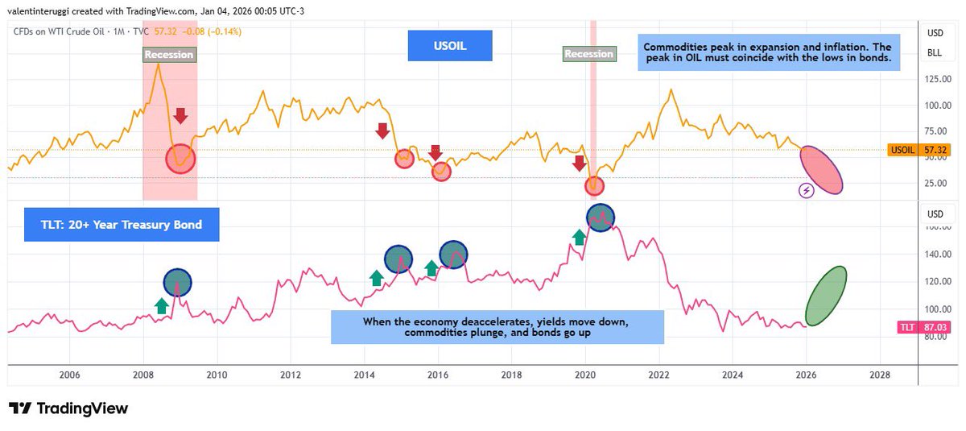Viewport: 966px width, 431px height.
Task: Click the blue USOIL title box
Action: click(449, 46)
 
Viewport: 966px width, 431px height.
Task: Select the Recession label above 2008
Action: click(169, 55)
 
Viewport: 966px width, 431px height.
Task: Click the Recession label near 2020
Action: click(588, 54)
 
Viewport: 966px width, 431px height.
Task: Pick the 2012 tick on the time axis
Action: click(291, 375)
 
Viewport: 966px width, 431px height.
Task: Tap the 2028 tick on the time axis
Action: click(880, 375)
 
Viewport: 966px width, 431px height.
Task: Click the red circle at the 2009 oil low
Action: click(181, 159)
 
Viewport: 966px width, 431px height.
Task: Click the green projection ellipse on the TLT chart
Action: click(827, 296)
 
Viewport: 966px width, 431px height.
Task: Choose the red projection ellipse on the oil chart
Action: click(822, 170)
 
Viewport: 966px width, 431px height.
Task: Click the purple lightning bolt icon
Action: click(806, 190)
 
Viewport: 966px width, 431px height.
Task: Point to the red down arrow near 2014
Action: click(382, 131)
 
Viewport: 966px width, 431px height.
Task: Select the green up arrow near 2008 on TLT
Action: click(161, 305)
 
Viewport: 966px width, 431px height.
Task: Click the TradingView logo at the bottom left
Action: click(68, 408)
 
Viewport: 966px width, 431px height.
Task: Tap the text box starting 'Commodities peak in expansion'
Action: click(768, 52)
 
